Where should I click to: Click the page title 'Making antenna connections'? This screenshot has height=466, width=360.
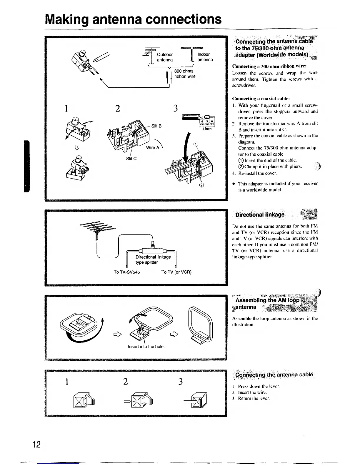coord(133,19)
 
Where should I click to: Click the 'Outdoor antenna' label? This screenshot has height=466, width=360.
coord(165,57)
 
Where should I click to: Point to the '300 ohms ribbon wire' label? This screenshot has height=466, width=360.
coord(184,74)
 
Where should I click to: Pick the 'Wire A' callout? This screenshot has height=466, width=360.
coord(152,148)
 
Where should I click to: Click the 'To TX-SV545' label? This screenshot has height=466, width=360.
coord(127,272)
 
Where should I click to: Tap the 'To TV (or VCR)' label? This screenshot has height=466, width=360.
coord(176,272)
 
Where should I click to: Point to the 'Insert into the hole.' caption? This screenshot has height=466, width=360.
coord(146,347)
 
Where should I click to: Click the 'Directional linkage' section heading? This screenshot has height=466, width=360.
coord(260,214)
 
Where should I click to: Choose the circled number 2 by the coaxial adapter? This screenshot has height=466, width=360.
coord(202,185)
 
